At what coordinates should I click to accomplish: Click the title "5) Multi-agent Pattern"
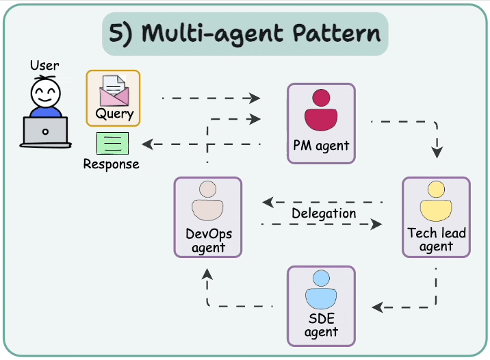244,34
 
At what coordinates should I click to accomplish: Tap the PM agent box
321,123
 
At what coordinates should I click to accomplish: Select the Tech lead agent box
436,217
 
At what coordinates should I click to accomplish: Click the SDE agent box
321,305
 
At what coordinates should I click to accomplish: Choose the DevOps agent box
207,217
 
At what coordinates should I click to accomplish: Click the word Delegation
324,213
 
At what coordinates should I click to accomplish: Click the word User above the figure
44,66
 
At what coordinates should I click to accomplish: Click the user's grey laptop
45,131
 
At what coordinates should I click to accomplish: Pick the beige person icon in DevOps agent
207,201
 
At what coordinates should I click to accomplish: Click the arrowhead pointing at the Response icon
146,144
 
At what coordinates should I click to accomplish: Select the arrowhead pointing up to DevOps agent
207,273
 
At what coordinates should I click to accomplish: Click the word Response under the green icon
111,164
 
